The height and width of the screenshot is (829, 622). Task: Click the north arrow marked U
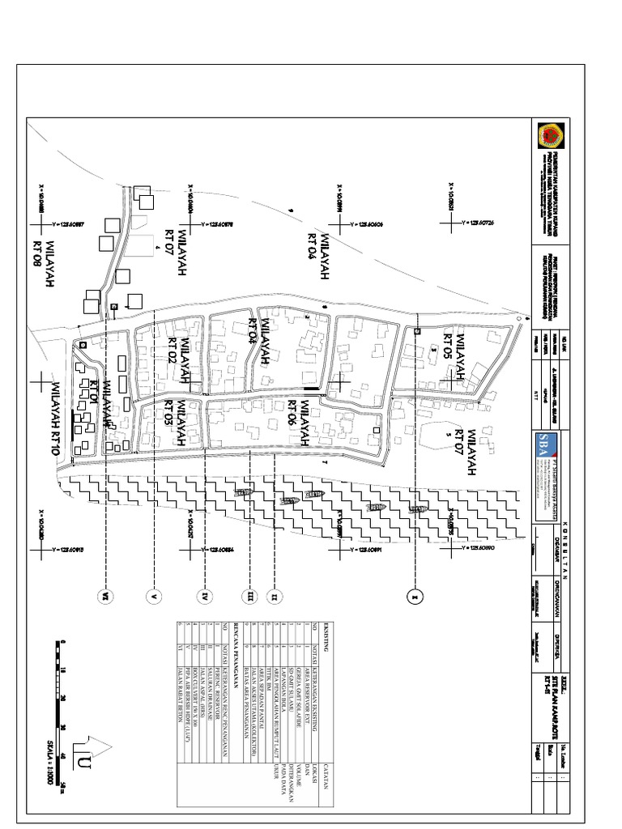tap(85, 757)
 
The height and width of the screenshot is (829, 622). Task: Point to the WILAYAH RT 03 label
tap(177, 426)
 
